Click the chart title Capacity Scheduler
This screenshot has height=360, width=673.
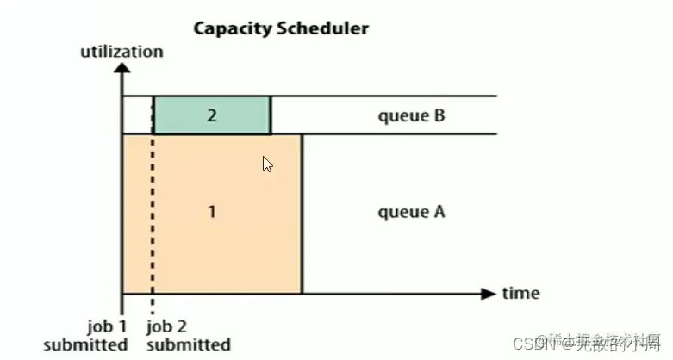(280, 28)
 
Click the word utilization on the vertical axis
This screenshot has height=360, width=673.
(122, 52)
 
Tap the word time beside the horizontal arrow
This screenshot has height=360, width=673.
(520, 293)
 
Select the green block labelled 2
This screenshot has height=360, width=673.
(212, 115)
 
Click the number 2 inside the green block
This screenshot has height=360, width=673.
(212, 115)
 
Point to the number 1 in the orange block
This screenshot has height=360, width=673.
(212, 212)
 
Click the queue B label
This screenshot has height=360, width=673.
(412, 115)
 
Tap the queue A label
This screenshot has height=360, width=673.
(412, 211)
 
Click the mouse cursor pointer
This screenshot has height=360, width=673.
(268, 163)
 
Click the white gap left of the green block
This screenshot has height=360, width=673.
(138, 115)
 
